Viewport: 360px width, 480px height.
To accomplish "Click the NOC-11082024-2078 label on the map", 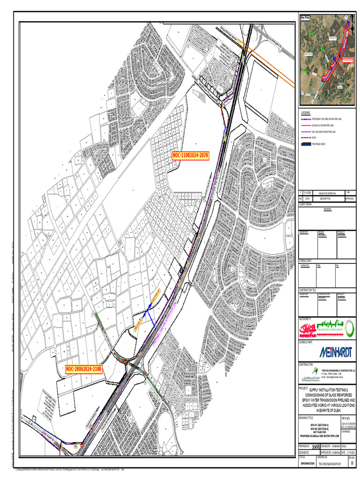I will (x=190, y=156).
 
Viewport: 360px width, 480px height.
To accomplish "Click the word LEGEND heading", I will (x=306, y=113).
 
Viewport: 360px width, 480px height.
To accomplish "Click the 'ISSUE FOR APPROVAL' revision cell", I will (x=327, y=193).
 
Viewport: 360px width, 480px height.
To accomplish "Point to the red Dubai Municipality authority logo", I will (x=310, y=330).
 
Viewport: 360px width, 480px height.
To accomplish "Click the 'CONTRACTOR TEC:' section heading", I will (x=308, y=291).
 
